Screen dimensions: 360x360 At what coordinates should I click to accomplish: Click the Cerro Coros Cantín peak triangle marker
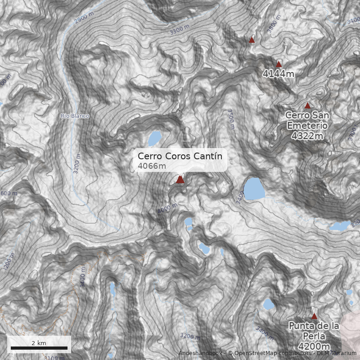180,180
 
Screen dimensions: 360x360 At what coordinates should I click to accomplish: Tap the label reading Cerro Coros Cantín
180,156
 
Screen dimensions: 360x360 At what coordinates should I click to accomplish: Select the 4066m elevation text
152,166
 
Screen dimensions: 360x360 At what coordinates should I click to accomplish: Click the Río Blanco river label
75,116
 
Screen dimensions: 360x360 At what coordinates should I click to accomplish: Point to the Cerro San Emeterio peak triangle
307,106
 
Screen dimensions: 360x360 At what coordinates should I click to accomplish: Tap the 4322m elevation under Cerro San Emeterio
307,135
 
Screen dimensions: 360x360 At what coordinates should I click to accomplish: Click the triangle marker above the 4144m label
279,64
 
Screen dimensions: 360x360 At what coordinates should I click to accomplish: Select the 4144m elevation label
279,74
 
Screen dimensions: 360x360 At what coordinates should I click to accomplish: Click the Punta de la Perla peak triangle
314,316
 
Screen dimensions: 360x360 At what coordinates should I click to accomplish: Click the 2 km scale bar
39,347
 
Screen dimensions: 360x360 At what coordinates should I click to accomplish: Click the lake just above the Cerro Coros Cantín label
155,137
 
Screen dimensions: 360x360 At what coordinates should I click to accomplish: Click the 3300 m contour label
180,30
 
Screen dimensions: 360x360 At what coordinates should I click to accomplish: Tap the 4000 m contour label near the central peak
167,209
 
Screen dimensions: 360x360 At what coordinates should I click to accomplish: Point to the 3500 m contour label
231,119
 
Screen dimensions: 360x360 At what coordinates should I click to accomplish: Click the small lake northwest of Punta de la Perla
268,304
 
